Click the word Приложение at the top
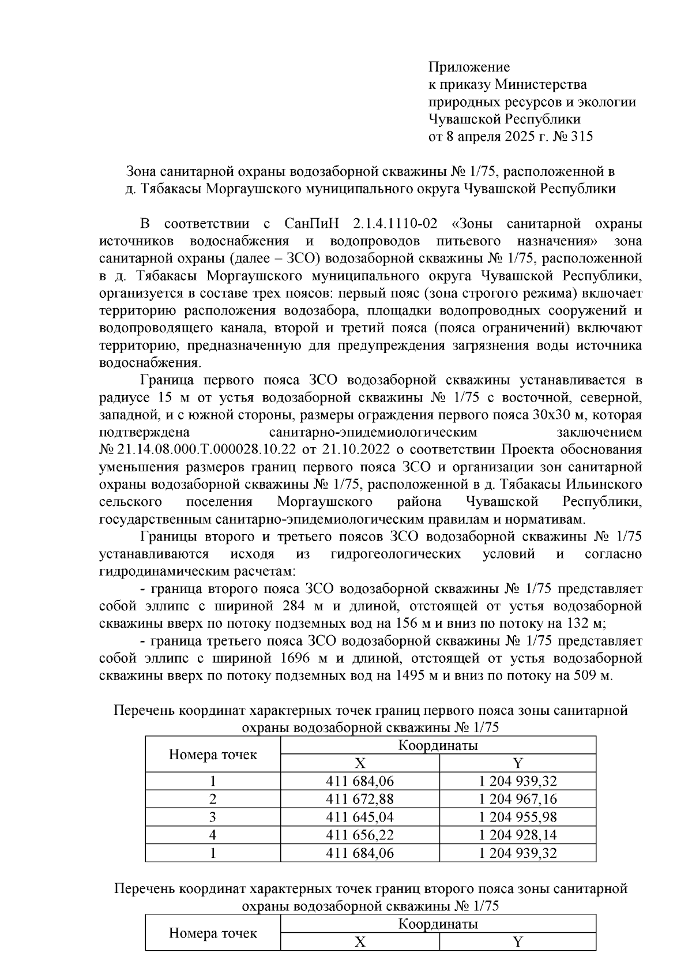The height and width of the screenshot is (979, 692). (x=468, y=67)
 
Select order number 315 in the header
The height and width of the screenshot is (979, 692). (x=581, y=137)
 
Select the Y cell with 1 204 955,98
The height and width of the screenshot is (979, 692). (x=517, y=817)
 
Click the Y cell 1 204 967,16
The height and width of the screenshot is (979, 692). (x=517, y=799)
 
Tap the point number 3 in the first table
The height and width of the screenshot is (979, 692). (x=213, y=817)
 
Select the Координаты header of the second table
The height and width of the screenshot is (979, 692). (x=438, y=924)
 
